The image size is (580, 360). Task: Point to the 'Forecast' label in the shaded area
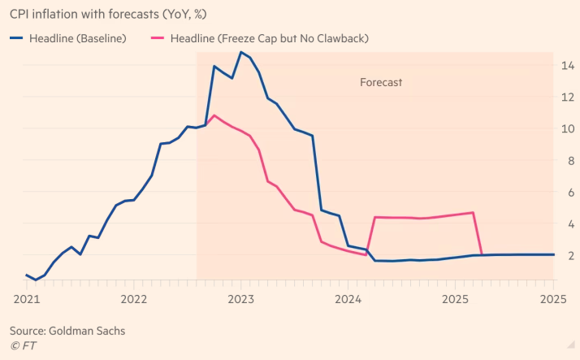pos(381,82)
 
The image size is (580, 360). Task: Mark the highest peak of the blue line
pos(241,52)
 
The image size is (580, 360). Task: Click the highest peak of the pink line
pos(214,115)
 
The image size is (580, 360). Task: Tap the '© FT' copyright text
pos(24,345)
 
